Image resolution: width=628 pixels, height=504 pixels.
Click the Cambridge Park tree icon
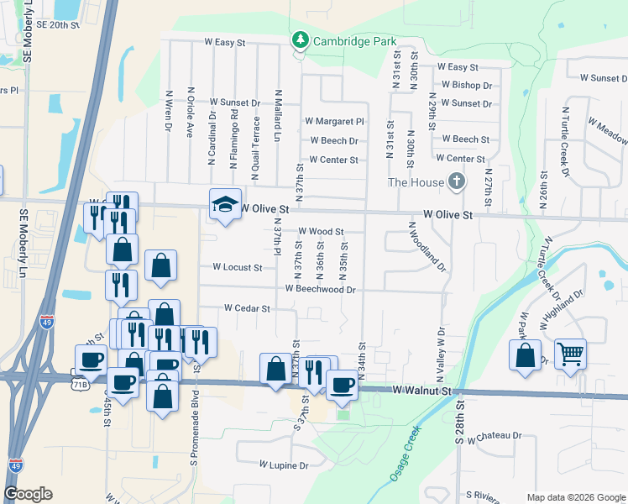pos(299,39)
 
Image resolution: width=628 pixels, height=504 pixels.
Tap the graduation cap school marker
pos(224,204)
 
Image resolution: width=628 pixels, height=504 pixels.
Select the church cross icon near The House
pos(456,181)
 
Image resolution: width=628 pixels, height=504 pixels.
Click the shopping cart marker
pos(570,354)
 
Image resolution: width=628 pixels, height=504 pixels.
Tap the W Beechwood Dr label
pos(321,289)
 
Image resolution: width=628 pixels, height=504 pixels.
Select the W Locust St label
pos(238,268)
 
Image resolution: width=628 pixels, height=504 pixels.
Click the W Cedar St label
pos(247,308)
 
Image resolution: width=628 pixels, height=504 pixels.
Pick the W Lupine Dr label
pos(284,465)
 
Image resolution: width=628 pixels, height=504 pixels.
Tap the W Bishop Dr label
pos(467,85)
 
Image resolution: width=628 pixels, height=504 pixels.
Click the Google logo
pos(28,494)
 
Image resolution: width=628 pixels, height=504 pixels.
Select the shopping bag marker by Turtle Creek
pos(525,354)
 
